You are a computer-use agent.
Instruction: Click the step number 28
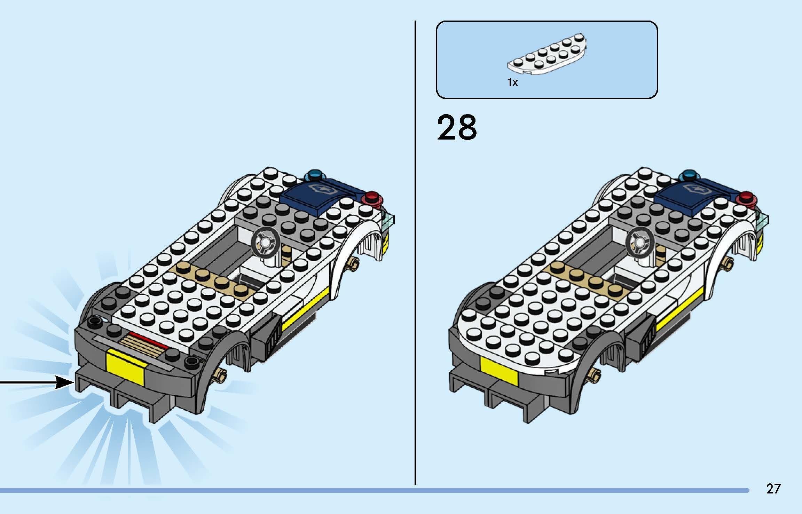click(x=457, y=128)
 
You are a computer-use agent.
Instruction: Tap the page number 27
click(x=773, y=489)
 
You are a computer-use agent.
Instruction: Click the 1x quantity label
click(x=512, y=82)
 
